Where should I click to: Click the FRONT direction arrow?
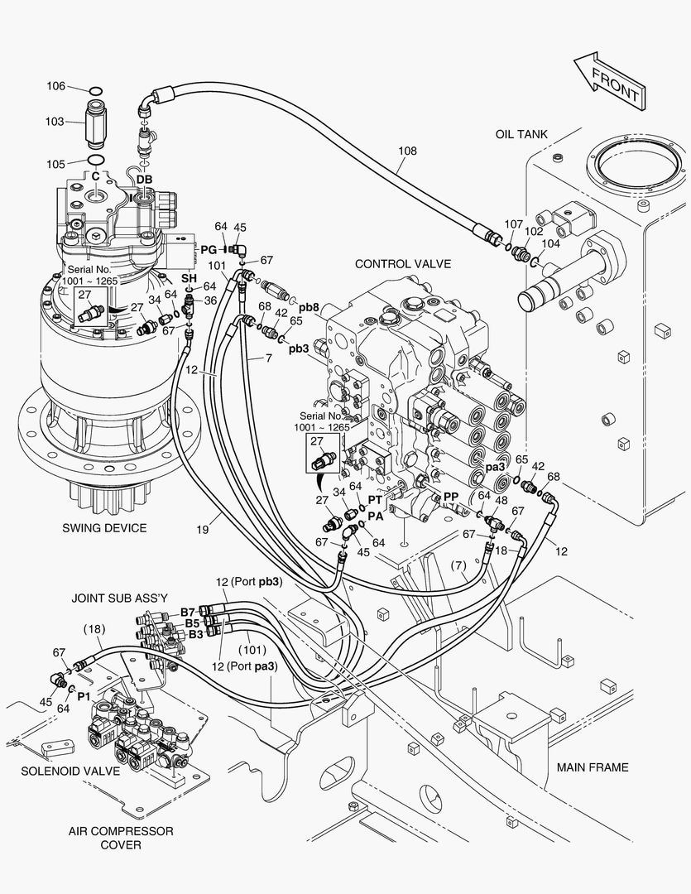611,80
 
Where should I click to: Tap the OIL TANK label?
521,134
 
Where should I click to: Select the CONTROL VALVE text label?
402,264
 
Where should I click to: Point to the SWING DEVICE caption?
104,528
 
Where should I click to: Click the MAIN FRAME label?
592,767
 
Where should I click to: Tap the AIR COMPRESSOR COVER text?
121,838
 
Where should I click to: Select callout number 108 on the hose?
407,151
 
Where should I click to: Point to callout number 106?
55,87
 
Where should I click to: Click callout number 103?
55,122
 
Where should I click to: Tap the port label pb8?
310,305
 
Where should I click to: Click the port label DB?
144,179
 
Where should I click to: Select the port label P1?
84,697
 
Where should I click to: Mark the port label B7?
188,612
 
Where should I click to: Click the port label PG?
209,248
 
